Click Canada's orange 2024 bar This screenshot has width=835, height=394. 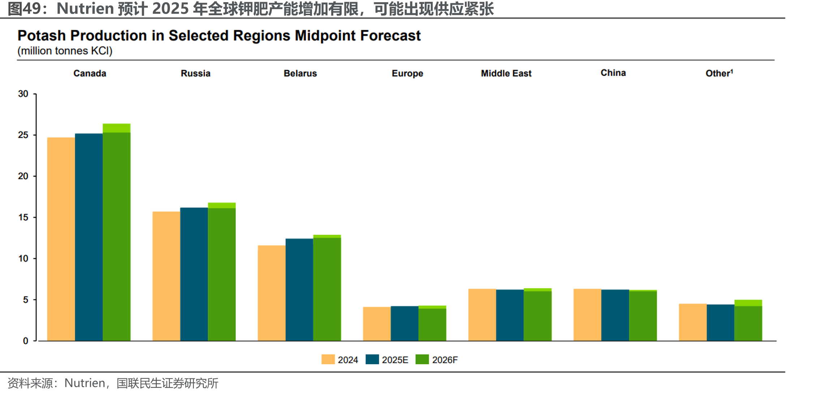coord(61,239)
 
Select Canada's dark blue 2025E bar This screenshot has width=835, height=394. coord(89,237)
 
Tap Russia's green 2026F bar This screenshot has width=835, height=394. coord(222,272)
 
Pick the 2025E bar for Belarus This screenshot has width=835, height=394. coord(299,290)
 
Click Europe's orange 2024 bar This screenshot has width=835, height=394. coord(377,324)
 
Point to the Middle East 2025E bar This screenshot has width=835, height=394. coord(510,315)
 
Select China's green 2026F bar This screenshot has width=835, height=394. coord(643,315)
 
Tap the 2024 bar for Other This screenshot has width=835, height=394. coord(693,322)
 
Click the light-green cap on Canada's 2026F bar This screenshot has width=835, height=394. coord(117,128)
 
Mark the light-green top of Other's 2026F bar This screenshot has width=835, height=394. coord(748,303)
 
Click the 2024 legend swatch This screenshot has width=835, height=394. coord(328,359)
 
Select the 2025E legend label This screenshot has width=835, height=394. coord(395,360)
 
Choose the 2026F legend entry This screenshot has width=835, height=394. coord(437,360)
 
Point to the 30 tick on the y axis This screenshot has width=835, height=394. coord(23,94)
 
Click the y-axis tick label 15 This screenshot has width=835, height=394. coord(23,218)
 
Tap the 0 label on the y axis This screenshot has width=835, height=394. coord(26,341)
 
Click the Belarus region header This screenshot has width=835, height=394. coord(300,73)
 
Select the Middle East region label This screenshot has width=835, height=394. coord(506,73)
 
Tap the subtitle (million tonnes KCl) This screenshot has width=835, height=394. coord(65,51)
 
